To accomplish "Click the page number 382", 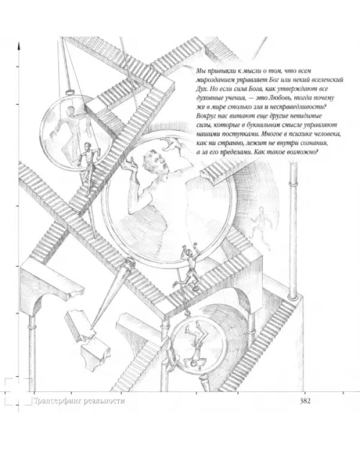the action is (x=305, y=401).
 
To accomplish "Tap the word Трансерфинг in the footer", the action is (x=58, y=401).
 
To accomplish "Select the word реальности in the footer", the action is (x=104, y=401).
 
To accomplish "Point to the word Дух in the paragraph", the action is (x=202, y=89).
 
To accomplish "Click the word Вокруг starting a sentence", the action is (x=206, y=116).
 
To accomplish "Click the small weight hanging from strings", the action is (x=70, y=92).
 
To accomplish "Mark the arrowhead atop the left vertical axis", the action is (x=19, y=46).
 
